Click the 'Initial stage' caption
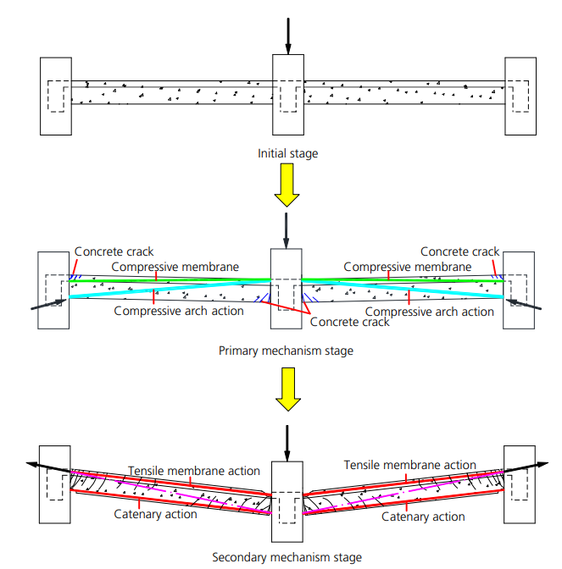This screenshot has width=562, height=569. click(287, 154)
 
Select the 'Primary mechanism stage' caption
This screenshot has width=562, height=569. click(286, 351)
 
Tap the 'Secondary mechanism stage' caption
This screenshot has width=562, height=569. click(287, 557)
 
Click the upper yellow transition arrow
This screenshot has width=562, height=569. click(287, 186)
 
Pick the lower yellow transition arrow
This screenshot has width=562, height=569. click(287, 390)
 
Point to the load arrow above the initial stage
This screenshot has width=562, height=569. click(287, 34)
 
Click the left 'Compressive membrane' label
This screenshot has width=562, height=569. click(175, 267)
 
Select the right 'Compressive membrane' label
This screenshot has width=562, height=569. click(407, 267)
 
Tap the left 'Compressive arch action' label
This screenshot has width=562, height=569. click(179, 311)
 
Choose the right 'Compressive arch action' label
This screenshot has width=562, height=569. click(429, 312)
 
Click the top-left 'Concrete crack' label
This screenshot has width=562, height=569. click(114, 251)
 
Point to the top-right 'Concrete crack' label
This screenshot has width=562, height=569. click(460, 251)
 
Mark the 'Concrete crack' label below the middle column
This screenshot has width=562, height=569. click(350, 322)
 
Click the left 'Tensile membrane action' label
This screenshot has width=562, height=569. click(194, 470)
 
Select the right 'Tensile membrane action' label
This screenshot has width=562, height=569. click(410, 465)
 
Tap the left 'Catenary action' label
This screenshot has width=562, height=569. click(156, 514)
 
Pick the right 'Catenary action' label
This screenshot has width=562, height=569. click(423, 517)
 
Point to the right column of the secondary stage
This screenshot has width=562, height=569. click(519, 483)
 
